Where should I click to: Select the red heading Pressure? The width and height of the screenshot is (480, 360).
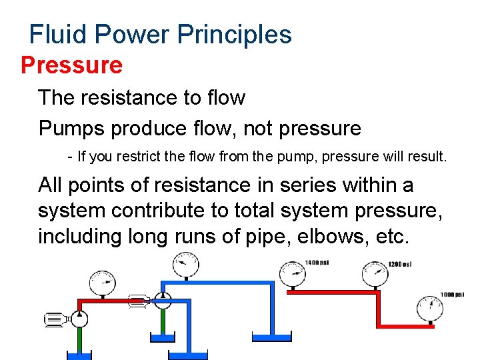[x=72, y=65]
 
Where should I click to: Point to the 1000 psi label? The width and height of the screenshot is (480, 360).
[x=452, y=295]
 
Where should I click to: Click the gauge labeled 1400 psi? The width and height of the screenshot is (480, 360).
[x=293, y=272]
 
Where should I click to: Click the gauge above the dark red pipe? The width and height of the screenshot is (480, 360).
[x=102, y=284]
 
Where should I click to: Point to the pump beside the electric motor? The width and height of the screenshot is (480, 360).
[x=79, y=318]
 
